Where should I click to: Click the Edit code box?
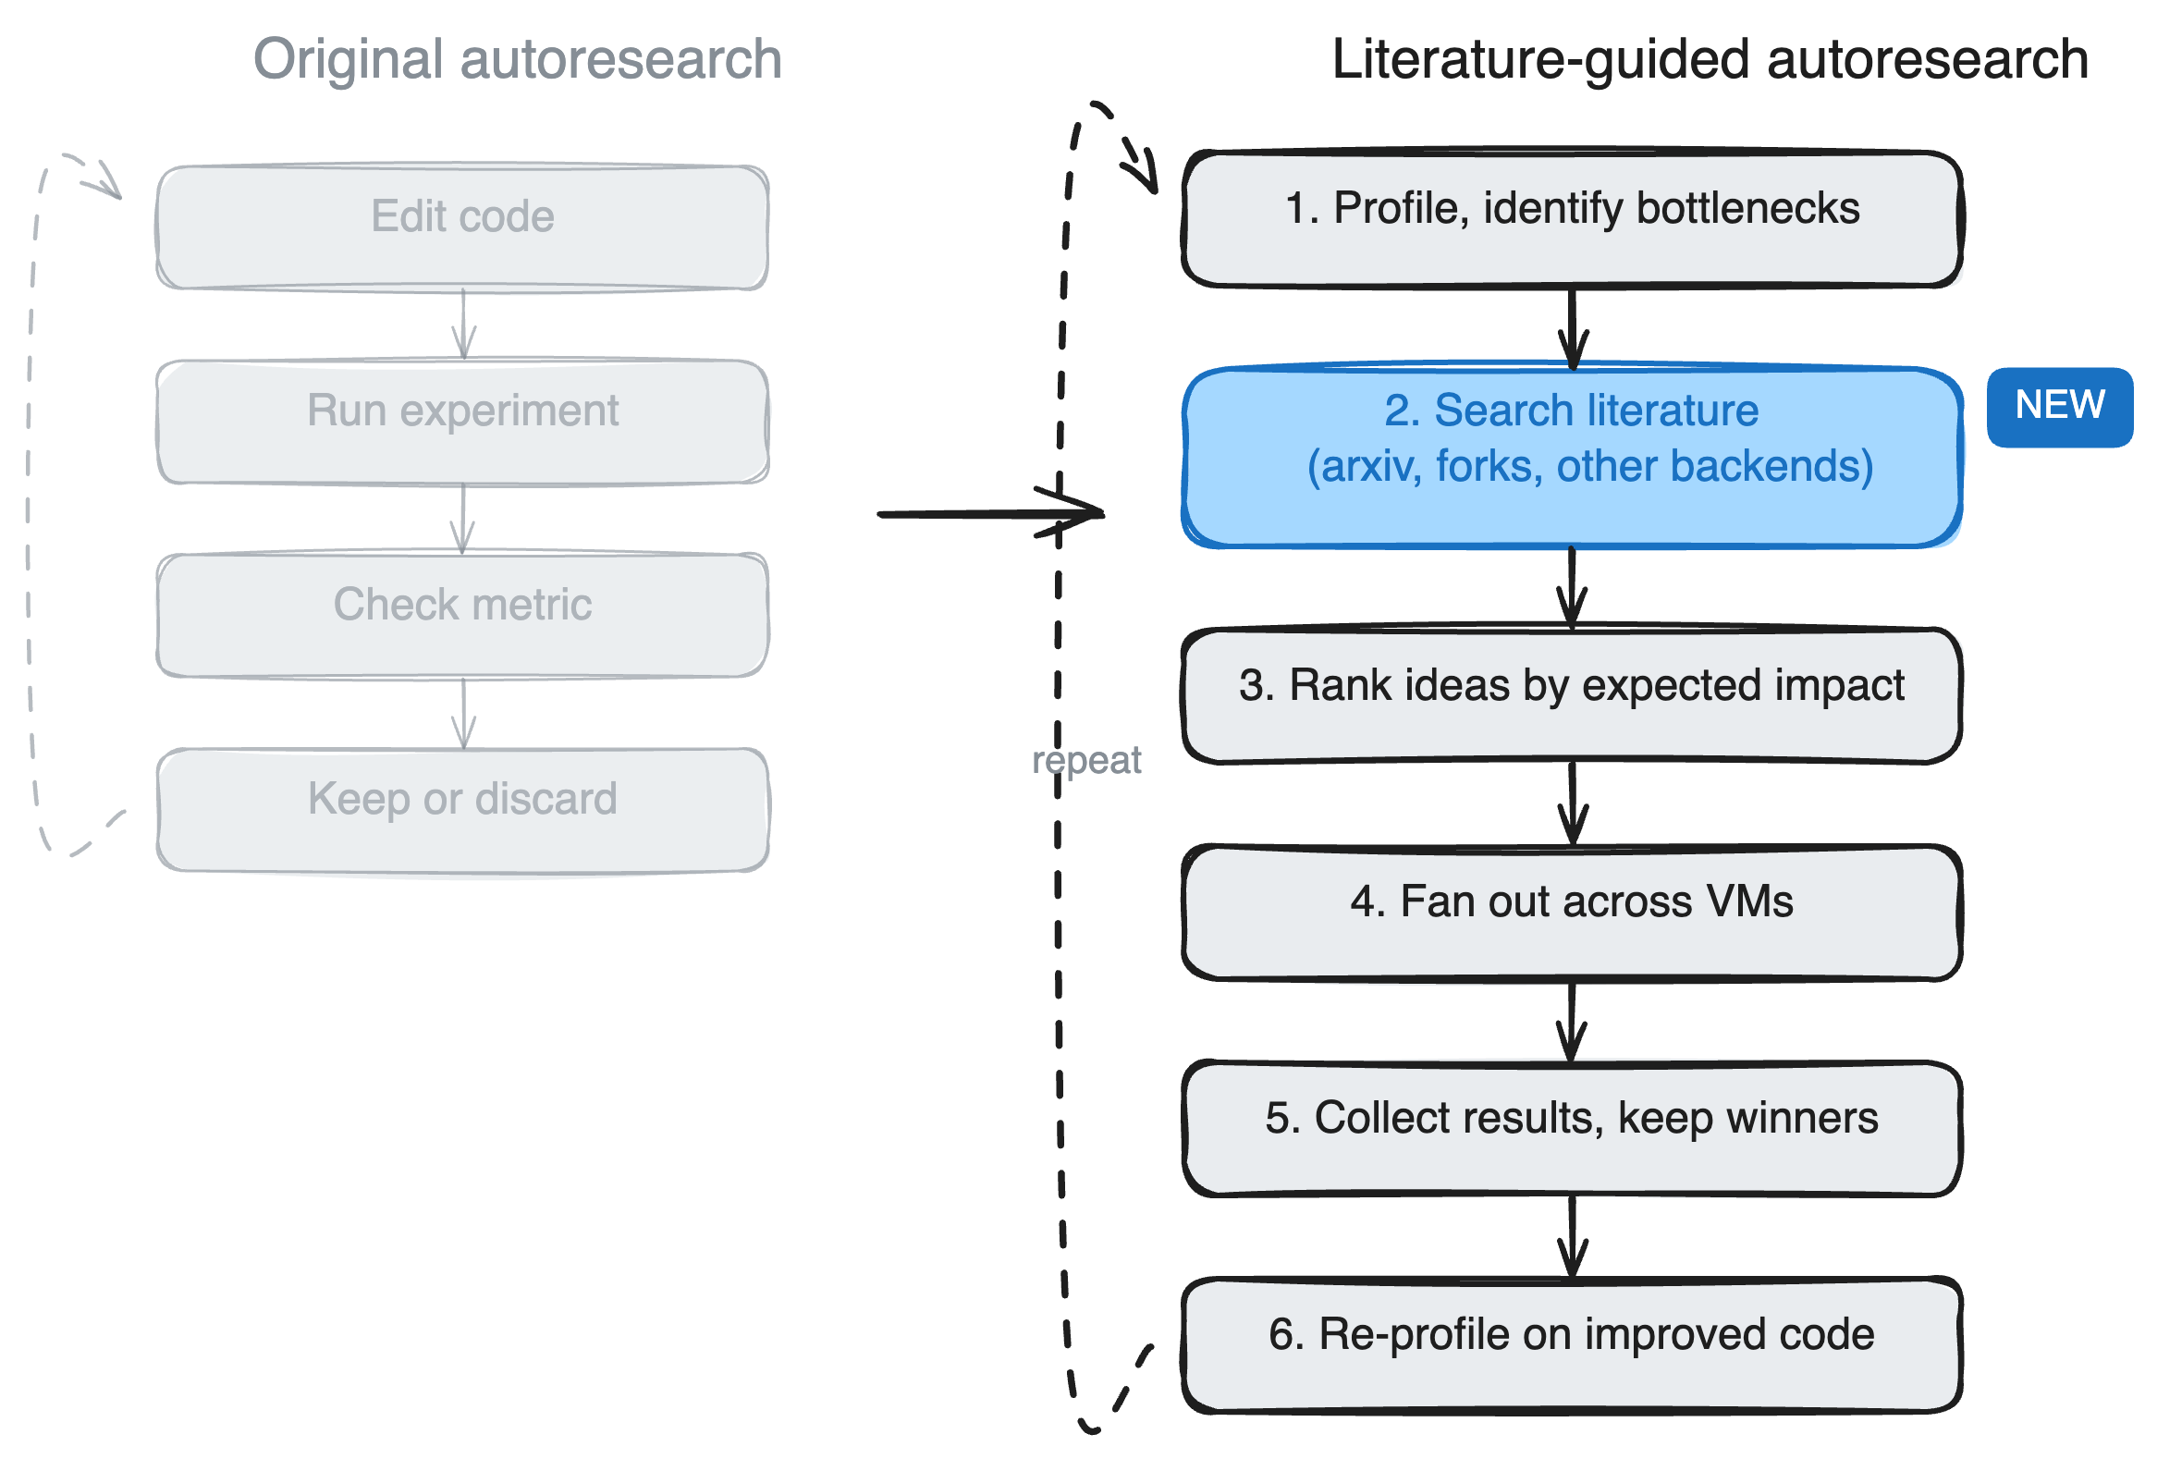pos(462,227)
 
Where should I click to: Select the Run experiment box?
pos(462,422)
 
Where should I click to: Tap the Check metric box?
pos(462,615)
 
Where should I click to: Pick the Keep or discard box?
pos(462,810)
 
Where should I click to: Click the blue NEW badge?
pos(2058,407)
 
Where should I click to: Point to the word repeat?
pos(1085,760)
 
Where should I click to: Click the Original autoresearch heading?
pos(518,59)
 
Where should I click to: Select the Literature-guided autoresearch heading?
pos(1710,59)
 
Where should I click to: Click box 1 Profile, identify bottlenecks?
pos(1572,217)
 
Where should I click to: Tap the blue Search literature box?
pos(1572,457)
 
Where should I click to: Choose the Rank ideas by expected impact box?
pos(1572,695)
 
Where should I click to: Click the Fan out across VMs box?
pos(1572,912)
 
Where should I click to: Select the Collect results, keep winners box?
pos(1572,1128)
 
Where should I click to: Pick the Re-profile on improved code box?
pos(1572,1344)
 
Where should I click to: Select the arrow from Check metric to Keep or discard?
pos(463,712)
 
